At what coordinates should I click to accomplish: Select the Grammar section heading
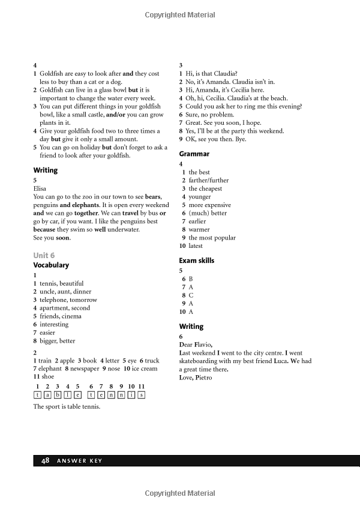pyautogui.click(x=194, y=154)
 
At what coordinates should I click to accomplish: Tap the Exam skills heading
pyautogui.click(x=196, y=261)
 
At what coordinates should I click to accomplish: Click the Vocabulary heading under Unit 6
pyautogui.click(x=51, y=265)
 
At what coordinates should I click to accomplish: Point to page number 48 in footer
pyautogui.click(x=45, y=460)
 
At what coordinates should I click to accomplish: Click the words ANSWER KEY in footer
pyautogui.click(x=79, y=461)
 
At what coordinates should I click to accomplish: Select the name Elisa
pyautogui.click(x=40, y=188)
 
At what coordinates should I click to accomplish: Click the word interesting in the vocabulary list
pyautogui.click(x=54, y=324)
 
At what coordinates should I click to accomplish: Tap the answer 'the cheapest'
pyautogui.click(x=205, y=188)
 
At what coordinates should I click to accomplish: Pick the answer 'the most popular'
pyautogui.click(x=212, y=238)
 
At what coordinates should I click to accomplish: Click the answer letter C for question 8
pyautogui.click(x=191, y=295)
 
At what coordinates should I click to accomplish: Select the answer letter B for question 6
pyautogui.click(x=191, y=279)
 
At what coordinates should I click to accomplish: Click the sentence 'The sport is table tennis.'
pyautogui.click(x=67, y=406)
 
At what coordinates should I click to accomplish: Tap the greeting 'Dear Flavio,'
pyautogui.click(x=196, y=345)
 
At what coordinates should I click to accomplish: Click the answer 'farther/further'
pyautogui.click(x=208, y=180)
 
